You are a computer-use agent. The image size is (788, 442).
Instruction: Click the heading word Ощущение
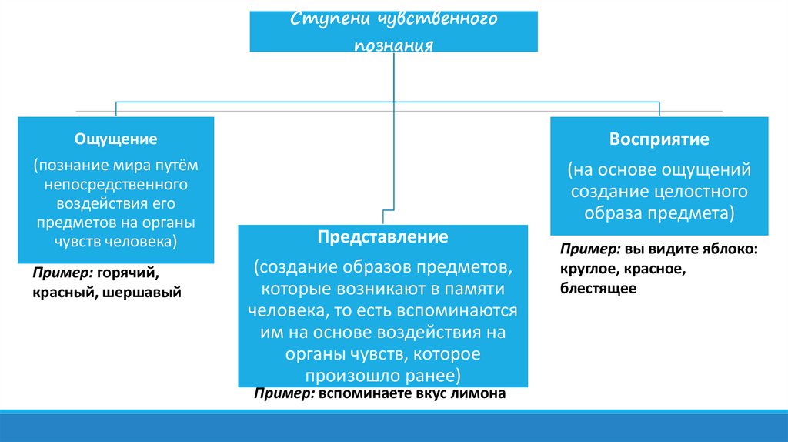click(115, 139)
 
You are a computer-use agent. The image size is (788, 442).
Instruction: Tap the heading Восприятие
click(659, 140)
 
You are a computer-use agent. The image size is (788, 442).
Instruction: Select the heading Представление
click(383, 236)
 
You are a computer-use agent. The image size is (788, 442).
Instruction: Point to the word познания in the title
click(394, 45)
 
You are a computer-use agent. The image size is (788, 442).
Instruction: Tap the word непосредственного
click(116, 186)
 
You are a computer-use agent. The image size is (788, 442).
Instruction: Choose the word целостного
click(700, 190)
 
